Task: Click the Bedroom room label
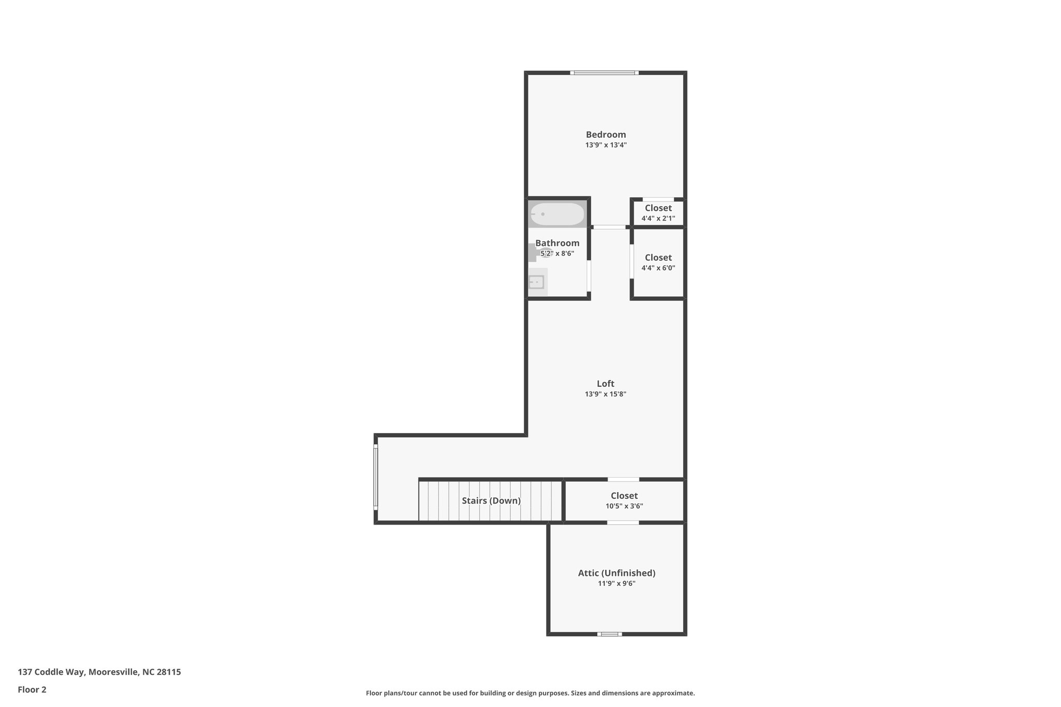pos(606,135)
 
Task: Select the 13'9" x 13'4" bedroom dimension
pos(606,146)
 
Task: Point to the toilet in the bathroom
pos(539,253)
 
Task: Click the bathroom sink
pos(536,282)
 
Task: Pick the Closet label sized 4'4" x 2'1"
pos(658,208)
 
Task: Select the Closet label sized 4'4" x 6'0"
pos(658,257)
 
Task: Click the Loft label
pos(605,384)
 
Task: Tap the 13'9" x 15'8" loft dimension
pos(605,394)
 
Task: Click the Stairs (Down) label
pos(491,501)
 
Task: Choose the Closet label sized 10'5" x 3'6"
pos(624,496)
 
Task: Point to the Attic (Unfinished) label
pos(616,573)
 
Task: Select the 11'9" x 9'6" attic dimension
pos(616,584)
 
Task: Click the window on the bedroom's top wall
pos(604,73)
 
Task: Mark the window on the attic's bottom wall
pos(609,634)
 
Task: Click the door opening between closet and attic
pos(623,523)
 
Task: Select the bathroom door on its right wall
pos(589,275)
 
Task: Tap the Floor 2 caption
pos(32,689)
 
